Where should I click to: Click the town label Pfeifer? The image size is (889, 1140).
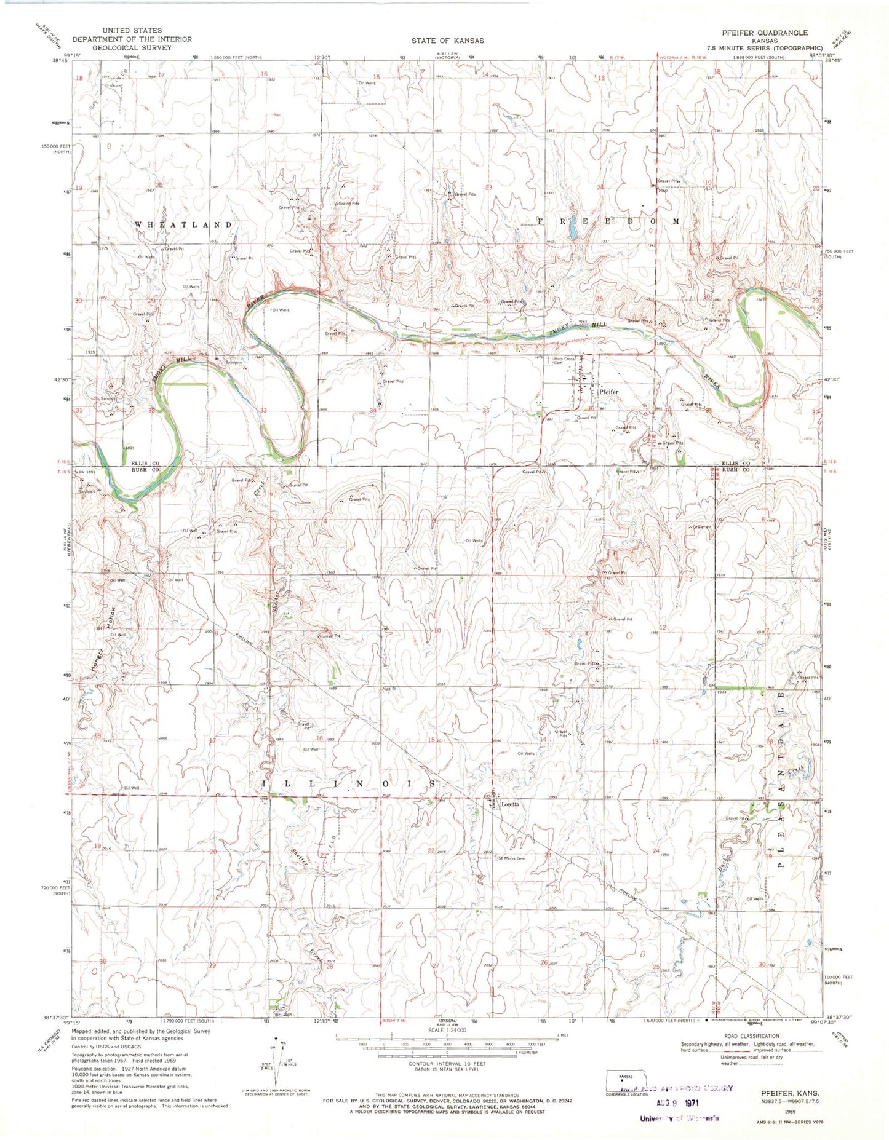(x=608, y=392)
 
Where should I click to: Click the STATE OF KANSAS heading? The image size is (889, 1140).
(x=448, y=41)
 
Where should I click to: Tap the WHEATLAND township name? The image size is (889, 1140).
(x=183, y=225)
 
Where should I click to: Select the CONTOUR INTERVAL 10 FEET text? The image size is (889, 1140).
(x=447, y=1063)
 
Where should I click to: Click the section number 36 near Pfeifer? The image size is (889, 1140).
(x=591, y=408)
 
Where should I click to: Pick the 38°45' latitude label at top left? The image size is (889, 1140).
(x=60, y=61)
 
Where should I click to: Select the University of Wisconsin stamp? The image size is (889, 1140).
(x=679, y=1118)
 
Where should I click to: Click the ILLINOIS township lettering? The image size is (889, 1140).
(x=350, y=784)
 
